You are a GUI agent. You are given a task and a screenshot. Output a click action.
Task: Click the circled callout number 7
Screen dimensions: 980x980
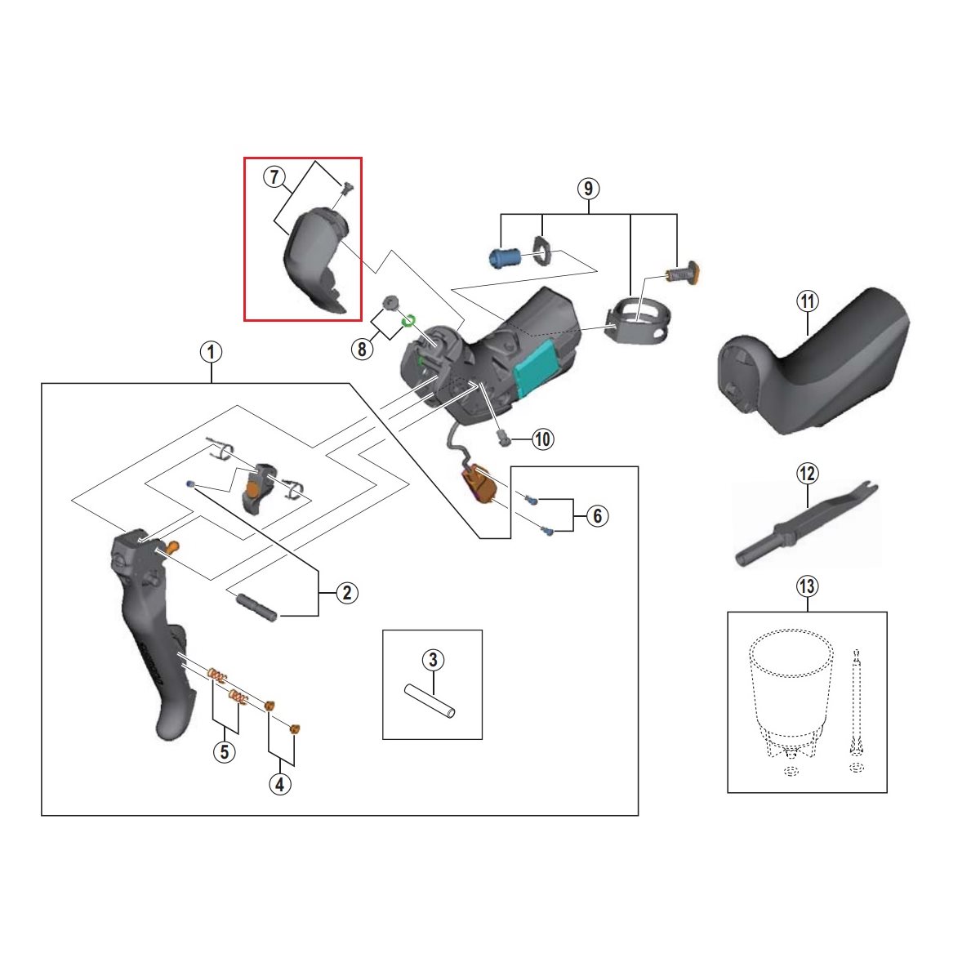(x=274, y=177)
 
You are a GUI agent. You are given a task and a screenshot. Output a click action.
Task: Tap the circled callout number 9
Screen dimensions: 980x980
(x=588, y=189)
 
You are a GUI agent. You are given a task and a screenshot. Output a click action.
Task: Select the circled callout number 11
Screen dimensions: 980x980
(x=808, y=301)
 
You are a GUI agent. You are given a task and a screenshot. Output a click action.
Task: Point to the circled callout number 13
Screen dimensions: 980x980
(x=807, y=587)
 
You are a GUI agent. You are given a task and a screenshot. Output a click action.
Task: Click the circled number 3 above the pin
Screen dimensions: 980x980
(x=433, y=660)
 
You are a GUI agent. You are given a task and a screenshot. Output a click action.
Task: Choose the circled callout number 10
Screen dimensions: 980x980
(x=542, y=439)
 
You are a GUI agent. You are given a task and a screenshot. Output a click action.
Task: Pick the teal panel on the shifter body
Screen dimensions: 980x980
(x=537, y=367)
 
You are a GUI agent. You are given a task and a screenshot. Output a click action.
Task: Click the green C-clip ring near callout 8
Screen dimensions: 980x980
(x=409, y=321)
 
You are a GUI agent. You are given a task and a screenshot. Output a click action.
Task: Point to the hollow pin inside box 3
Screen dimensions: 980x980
(x=430, y=702)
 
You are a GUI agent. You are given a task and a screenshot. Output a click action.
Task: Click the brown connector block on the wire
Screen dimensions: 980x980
(x=480, y=483)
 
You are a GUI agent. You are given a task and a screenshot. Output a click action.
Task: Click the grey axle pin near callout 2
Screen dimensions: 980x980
(x=256, y=607)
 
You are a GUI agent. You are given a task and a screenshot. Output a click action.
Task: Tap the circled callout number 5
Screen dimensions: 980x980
(x=225, y=752)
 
